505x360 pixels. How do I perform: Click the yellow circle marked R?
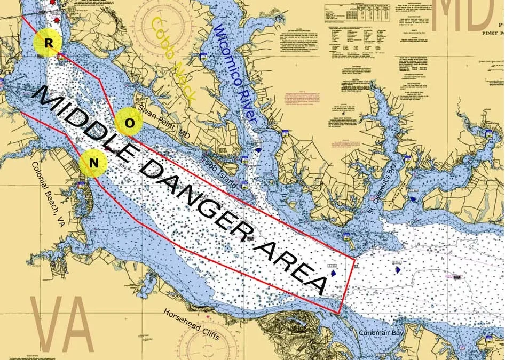pos(48,44)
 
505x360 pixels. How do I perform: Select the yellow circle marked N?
pos(93,163)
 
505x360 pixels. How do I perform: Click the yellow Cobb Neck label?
pos(173,59)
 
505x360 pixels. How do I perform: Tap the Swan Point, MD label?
pos(164,118)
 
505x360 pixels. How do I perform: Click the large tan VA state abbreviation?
pos(61,325)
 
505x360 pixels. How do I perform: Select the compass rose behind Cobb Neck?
pos(163,26)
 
